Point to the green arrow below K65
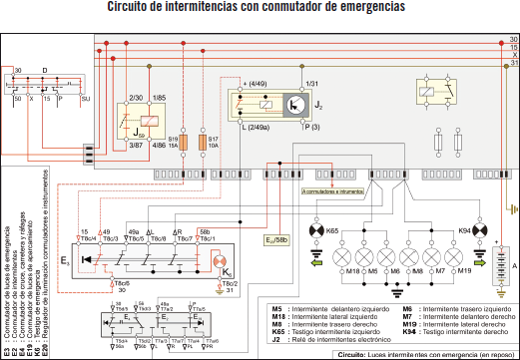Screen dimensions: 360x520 [316, 250]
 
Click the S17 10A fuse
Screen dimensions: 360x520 [205, 144]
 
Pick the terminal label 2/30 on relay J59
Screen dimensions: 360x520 [137, 98]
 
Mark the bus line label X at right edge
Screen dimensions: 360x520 [513, 55]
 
